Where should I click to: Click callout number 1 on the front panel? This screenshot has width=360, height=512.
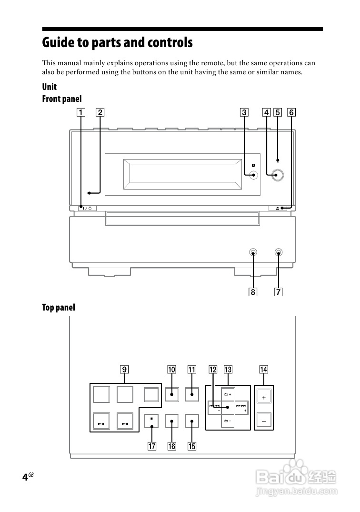point(80,112)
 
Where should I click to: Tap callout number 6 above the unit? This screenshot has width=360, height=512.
point(291,112)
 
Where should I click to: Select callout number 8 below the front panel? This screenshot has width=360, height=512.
point(253,291)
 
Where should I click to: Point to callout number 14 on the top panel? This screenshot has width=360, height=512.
point(263,369)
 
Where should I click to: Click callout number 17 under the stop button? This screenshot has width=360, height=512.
point(152,446)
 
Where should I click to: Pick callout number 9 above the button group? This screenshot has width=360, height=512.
point(124,369)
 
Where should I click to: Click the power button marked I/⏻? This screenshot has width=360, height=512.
point(87,208)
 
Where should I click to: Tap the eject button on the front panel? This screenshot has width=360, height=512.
point(278,208)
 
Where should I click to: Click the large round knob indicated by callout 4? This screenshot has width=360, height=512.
point(277,175)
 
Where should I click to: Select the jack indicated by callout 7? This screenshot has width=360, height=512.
point(278,252)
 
